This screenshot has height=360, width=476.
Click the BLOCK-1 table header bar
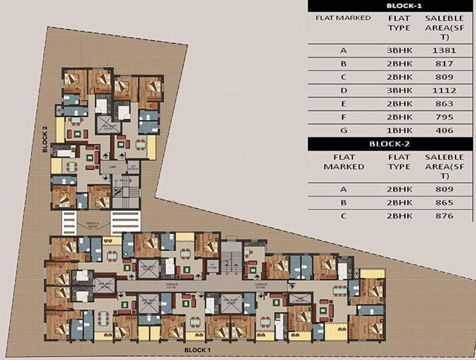coord(392,7)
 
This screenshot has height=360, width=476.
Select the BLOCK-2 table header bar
coord(392,143)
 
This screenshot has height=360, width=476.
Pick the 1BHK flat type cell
coord(399,130)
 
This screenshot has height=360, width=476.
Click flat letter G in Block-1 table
coord(343,130)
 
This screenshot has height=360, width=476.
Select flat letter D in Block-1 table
coord(343,90)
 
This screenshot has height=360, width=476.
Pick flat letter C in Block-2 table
coord(343,216)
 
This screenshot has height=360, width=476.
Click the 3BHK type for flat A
coord(399,50)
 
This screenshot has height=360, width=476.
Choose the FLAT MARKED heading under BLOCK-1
coord(343,18)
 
